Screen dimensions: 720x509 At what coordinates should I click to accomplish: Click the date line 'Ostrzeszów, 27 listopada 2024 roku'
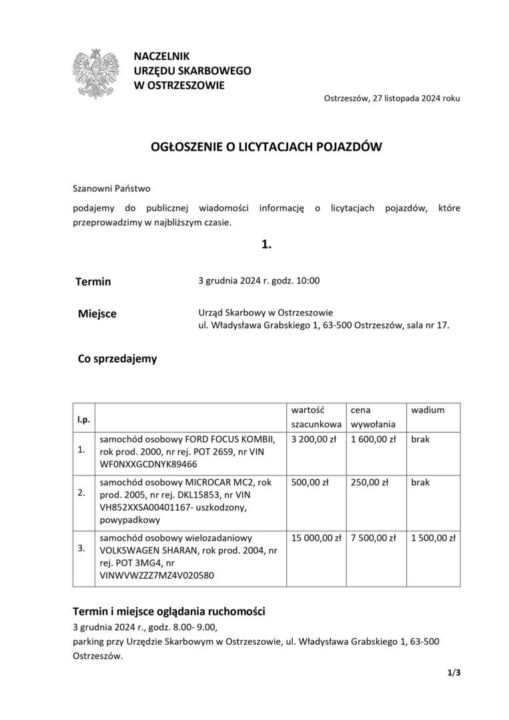(392, 98)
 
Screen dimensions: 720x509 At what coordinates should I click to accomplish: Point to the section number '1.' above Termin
(266, 245)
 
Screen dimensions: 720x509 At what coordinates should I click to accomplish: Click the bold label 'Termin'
(93, 281)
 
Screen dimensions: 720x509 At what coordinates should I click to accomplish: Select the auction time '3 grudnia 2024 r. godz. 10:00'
(259, 281)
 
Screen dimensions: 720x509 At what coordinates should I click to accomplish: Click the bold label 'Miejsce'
(97, 313)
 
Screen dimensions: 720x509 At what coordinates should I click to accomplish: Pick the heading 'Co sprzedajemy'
(117, 359)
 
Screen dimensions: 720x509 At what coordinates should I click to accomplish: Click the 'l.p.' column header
(83, 419)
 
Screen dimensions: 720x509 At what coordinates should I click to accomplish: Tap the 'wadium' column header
(428, 410)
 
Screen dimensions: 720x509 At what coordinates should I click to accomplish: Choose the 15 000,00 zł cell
(316, 537)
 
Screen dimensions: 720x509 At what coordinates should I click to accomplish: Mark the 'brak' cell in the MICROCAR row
(420, 482)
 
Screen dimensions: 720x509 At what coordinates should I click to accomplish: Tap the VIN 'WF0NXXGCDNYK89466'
(148, 464)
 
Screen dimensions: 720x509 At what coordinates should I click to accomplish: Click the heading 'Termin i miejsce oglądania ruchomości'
(169, 611)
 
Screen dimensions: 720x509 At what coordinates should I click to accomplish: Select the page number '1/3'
(454, 673)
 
